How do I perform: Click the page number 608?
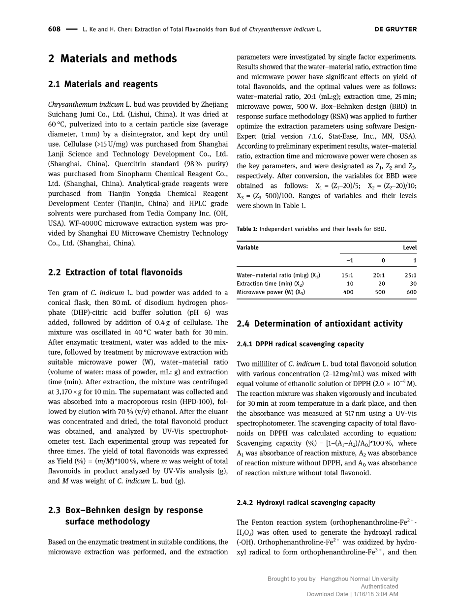54,29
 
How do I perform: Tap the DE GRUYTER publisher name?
395,29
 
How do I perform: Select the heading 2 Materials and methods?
113,59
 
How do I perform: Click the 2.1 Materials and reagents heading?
103,84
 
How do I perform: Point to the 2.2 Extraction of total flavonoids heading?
115,272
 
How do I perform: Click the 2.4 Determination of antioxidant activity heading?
320,324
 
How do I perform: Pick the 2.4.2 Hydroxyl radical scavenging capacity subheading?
306,502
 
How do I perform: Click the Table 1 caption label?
247,229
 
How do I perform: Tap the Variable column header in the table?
247,247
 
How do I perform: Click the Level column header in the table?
409,247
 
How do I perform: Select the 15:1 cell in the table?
347,275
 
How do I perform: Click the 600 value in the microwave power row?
411,292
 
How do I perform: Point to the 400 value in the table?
348,292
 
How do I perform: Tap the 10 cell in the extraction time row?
350,284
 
